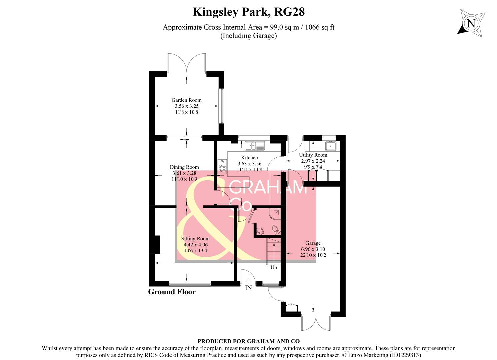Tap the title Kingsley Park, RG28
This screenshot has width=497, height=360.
[249, 12]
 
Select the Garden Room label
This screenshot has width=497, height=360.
[186, 100]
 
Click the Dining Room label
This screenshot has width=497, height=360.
[184, 167]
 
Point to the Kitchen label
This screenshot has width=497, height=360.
[249, 157]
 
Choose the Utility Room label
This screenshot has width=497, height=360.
[313, 155]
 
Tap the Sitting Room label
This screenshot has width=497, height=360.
[195, 238]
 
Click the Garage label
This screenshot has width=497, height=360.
[313, 243]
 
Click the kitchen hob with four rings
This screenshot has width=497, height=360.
[222, 166]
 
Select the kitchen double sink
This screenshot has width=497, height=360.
[255, 146]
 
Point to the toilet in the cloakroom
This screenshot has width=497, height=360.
[275, 230]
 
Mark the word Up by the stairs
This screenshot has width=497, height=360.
[274, 267]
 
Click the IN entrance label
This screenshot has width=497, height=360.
[248, 288]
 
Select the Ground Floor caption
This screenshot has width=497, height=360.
[172, 292]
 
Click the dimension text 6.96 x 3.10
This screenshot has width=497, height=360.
[313, 249]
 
